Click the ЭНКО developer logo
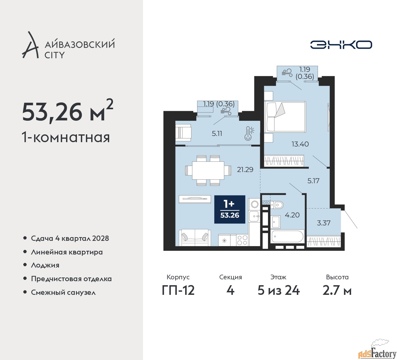point(341,45)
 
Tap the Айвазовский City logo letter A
point(30,45)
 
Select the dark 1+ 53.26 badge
point(230,209)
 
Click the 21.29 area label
point(245,170)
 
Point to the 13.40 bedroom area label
point(300,144)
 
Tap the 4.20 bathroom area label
point(292,215)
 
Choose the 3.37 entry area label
point(323,223)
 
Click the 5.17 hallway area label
point(313,181)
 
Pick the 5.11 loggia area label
point(217,134)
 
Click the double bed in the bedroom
point(285,116)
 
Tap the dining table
point(208,170)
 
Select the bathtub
point(287,237)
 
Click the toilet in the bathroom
point(277,205)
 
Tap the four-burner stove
point(242,240)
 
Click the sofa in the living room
point(195,238)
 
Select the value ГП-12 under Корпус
point(178,290)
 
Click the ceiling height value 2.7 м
point(337,290)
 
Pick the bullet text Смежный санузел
point(63,292)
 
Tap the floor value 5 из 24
point(279,290)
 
